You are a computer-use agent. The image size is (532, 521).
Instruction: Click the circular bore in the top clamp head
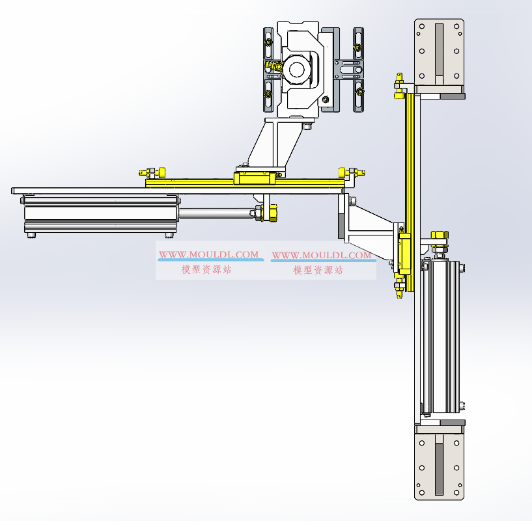(x=296, y=70)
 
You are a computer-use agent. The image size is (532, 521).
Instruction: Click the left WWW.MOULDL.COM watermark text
(x=208, y=254)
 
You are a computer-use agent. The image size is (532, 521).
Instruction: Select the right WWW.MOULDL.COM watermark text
(x=322, y=255)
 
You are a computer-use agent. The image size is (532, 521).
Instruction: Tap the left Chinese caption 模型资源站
(x=206, y=269)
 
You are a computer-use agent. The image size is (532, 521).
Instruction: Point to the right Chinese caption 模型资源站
(x=318, y=270)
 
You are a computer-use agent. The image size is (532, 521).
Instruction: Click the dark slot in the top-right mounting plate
(x=439, y=49)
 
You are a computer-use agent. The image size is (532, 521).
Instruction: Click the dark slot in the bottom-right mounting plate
(x=439, y=469)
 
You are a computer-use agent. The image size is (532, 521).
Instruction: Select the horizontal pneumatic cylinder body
(x=100, y=213)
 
